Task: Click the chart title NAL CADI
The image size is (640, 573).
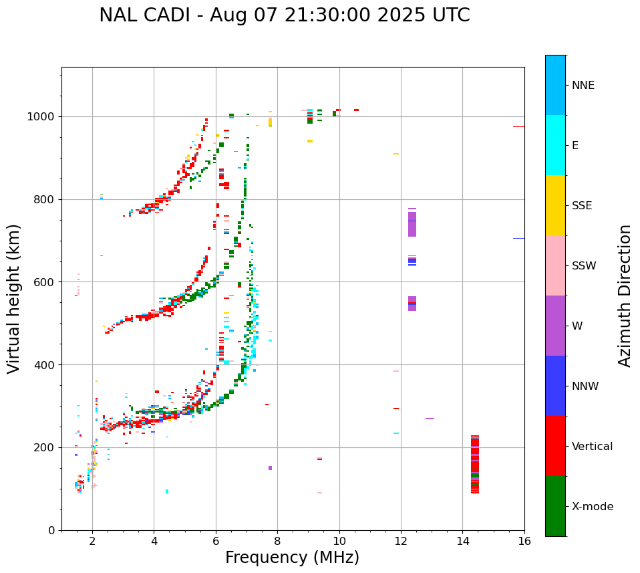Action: [x=284, y=15]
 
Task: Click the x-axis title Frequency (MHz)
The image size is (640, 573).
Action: [x=292, y=558]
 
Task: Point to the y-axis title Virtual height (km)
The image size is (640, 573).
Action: [x=14, y=299]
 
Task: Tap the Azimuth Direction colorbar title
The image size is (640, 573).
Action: [x=625, y=296]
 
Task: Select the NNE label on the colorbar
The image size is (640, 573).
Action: [x=583, y=86]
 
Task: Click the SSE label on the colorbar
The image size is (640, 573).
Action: [x=581, y=206]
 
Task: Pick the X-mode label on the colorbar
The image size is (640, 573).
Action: [x=592, y=507]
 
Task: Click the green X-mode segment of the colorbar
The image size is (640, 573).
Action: [x=555, y=506]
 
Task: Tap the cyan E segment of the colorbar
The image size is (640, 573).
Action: [x=555, y=145]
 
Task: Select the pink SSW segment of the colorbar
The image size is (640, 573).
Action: [x=555, y=265]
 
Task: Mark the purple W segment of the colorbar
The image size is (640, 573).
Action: [x=555, y=326]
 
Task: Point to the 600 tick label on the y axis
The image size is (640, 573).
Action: [x=43, y=282]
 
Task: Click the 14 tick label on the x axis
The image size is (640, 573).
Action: [x=462, y=541]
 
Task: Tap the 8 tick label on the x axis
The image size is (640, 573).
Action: [x=277, y=541]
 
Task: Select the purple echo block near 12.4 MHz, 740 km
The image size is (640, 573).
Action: [x=412, y=225]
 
